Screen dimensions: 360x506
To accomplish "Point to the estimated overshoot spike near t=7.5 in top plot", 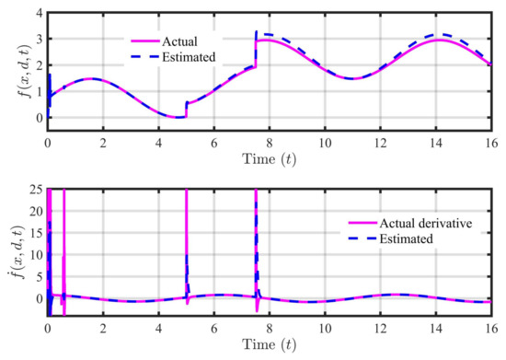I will tap(256, 33).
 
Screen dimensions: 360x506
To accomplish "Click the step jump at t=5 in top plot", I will tap(186, 109).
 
